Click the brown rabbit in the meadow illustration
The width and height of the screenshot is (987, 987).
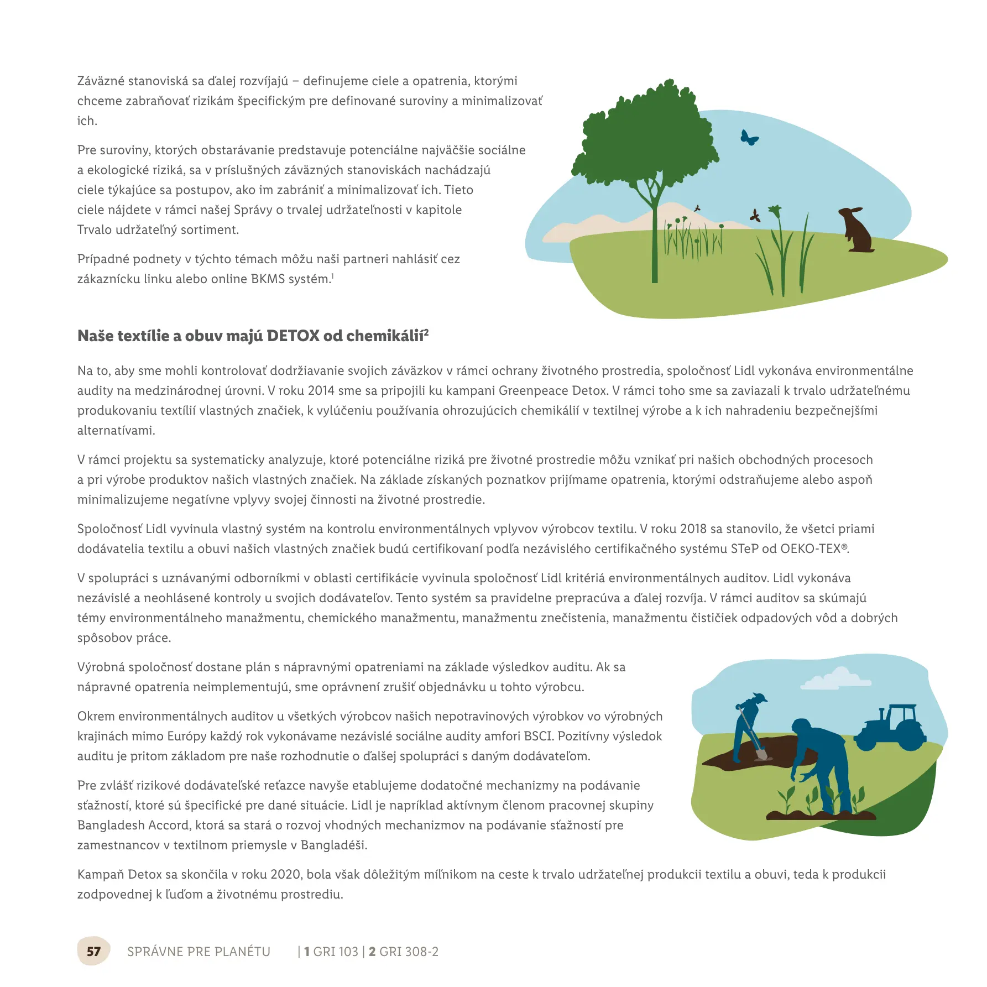pyautogui.click(x=857, y=231)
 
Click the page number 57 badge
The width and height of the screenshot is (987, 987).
pyautogui.click(x=93, y=952)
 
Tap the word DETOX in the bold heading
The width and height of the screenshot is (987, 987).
pyautogui.click(x=293, y=336)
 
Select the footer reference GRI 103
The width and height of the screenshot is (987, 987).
pyautogui.click(x=336, y=952)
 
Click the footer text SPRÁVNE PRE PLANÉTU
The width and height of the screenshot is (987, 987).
pyautogui.click(x=199, y=952)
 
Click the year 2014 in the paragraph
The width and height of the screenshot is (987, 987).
pyautogui.click(x=321, y=391)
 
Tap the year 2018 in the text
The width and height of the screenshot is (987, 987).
pyautogui.click(x=693, y=529)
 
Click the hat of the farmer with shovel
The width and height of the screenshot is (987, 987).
pyautogui.click(x=759, y=697)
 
